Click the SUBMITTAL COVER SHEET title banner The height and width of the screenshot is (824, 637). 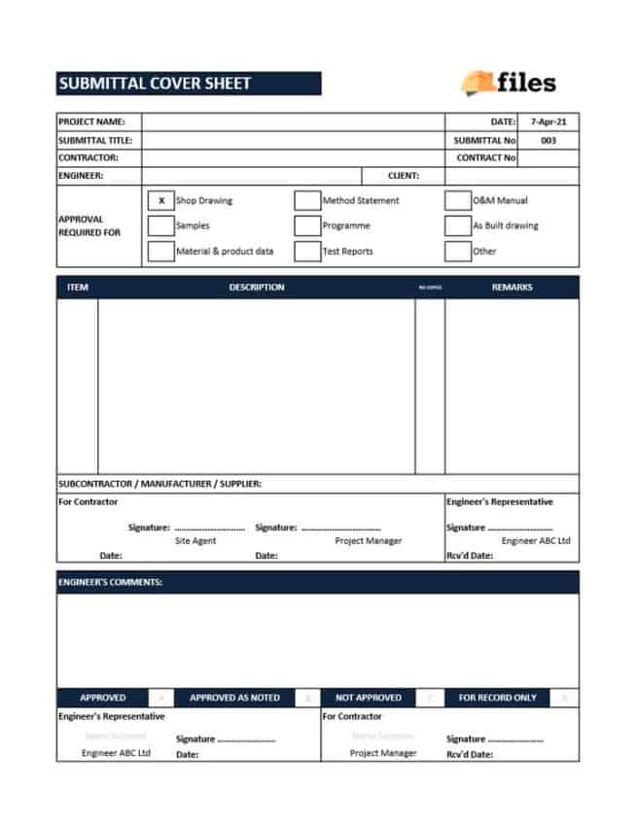[189, 84]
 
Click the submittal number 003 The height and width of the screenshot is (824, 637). [548, 140]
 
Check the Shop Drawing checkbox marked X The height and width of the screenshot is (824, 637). [161, 201]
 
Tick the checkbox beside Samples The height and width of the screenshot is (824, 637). [161, 225]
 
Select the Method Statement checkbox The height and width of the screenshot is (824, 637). [307, 201]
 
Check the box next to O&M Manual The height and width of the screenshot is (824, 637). [457, 201]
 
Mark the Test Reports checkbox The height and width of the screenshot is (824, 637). [307, 251]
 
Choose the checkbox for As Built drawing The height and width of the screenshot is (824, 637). [457, 225]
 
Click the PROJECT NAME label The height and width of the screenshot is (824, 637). [92, 122]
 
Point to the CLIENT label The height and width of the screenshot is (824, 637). [404, 176]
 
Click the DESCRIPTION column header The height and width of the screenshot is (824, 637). [257, 288]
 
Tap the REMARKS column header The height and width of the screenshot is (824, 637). [512, 288]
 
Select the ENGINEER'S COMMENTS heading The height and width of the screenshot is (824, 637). [110, 582]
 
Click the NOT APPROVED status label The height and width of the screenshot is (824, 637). [368, 698]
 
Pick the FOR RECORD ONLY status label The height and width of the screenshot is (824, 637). [497, 698]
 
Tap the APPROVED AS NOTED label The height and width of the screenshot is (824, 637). [234, 698]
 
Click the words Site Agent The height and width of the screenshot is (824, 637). [195, 540]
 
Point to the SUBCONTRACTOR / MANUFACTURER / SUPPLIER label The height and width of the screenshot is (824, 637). [159, 484]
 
